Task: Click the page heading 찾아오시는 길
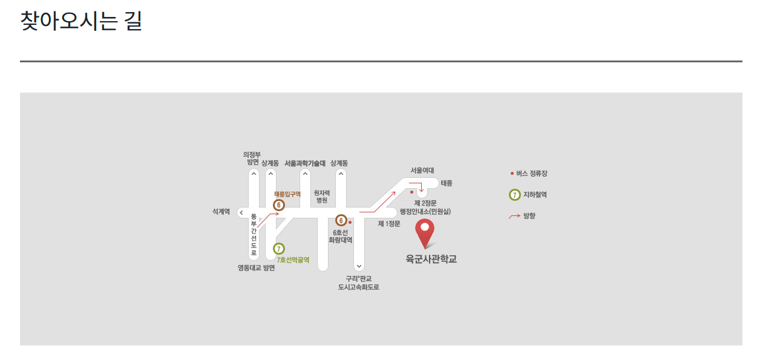[81, 21]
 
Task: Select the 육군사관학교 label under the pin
[431, 260]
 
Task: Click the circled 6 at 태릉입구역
[279, 205]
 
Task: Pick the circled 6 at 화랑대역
[341, 221]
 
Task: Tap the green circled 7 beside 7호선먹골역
[279, 249]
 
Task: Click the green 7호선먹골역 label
[293, 260]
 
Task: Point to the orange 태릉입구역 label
[287, 194]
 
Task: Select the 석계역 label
[221, 212]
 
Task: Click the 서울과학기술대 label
[305, 163]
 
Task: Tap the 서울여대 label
[422, 171]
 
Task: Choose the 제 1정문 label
[389, 224]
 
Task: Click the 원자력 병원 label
[322, 196]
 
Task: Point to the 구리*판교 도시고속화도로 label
[359, 283]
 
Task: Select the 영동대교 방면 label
[256, 268]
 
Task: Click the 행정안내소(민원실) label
[425, 212]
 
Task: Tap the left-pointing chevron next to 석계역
[241, 212]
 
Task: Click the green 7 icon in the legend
[514, 195]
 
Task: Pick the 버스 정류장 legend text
[532, 174]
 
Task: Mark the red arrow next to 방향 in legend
[514, 216]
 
